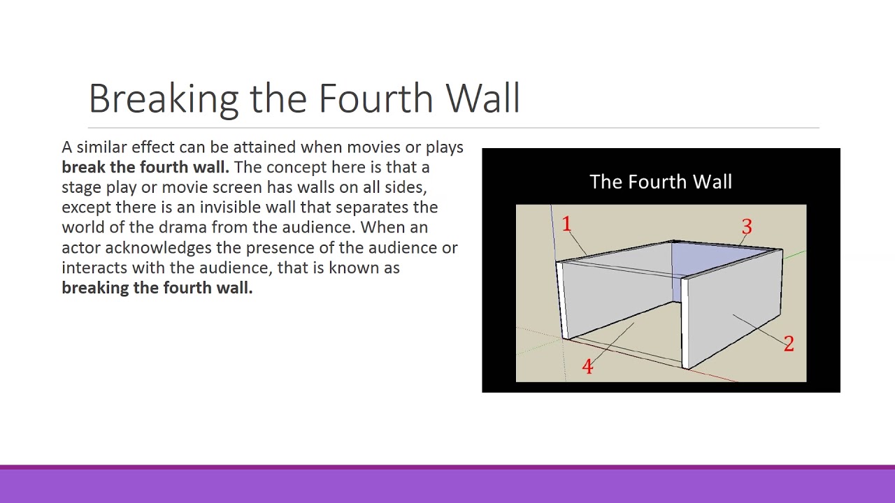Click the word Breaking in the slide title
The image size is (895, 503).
(164, 99)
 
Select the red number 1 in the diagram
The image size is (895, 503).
(566, 225)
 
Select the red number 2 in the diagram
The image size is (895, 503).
(789, 344)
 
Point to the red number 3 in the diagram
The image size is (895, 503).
(747, 227)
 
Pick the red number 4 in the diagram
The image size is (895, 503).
(587, 367)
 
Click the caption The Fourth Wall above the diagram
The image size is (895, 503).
(660, 182)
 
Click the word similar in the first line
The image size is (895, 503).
(101, 147)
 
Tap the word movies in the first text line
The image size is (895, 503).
(373, 147)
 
